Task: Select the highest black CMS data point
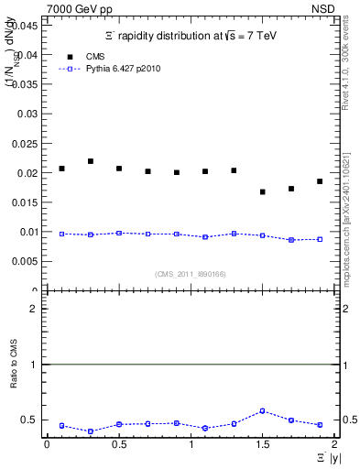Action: point(91,161)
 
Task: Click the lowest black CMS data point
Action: point(263,191)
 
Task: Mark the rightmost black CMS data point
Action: point(320,181)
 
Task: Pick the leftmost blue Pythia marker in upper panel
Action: point(61,234)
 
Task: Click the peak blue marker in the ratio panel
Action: point(263,410)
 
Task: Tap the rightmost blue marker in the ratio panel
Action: point(320,425)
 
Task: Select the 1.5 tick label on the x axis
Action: point(262,444)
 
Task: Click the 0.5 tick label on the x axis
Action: point(118,444)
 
